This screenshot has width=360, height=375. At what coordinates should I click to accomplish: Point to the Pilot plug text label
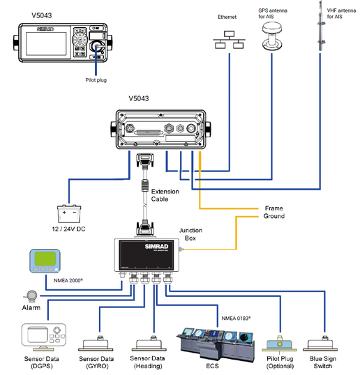coord(100,80)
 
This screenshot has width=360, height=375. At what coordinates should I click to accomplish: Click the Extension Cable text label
coord(165,196)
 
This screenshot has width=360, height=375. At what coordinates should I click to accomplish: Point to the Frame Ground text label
coord(274,212)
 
